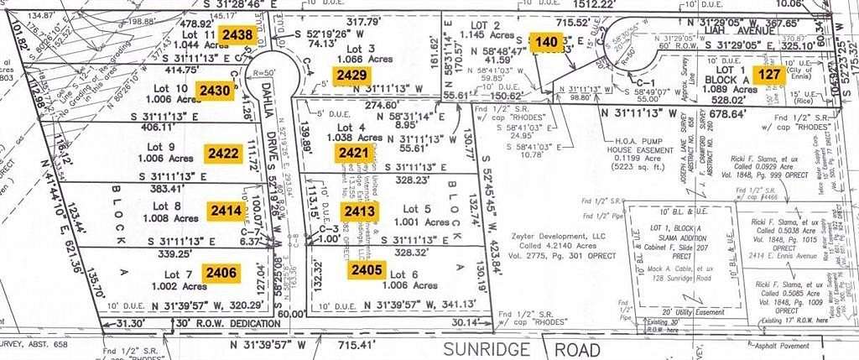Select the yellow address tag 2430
click(x=213, y=90)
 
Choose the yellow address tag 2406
click(x=221, y=271)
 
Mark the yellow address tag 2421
click(x=353, y=153)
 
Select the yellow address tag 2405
click(x=367, y=270)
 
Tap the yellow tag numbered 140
click(x=546, y=41)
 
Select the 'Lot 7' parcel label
click(x=179, y=274)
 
